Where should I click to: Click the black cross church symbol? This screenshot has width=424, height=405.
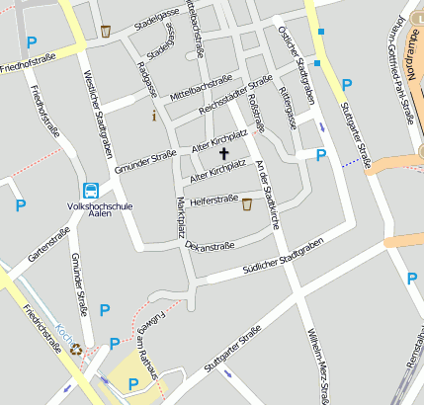[x=223, y=154]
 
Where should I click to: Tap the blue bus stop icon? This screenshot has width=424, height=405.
[x=91, y=191]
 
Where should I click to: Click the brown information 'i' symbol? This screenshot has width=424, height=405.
[x=154, y=117]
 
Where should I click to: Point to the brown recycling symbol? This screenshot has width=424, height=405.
[x=76, y=348]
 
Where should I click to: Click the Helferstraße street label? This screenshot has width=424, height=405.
[x=214, y=201]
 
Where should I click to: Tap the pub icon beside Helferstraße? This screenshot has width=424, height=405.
[x=246, y=204]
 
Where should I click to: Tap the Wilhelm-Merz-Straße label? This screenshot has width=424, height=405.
[x=317, y=366]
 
